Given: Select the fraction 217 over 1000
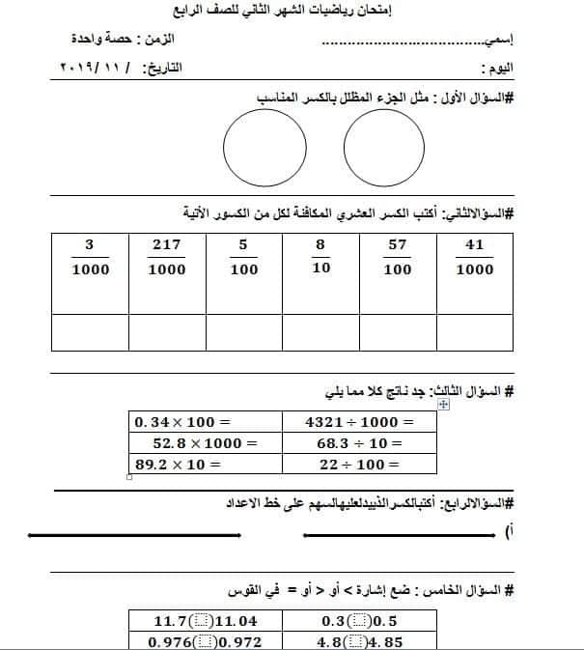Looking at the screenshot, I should (x=167, y=258).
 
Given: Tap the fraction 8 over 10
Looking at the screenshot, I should (x=320, y=258).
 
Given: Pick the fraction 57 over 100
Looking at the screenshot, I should (x=398, y=258).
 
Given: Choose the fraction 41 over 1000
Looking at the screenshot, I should (x=474, y=258).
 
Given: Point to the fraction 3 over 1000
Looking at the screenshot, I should (x=90, y=258).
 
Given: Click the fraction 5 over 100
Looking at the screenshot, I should (x=244, y=258).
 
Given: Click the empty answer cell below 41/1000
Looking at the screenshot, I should (x=474, y=331).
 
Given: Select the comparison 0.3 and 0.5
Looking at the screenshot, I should (x=358, y=620).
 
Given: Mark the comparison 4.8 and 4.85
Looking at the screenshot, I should (x=358, y=640).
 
